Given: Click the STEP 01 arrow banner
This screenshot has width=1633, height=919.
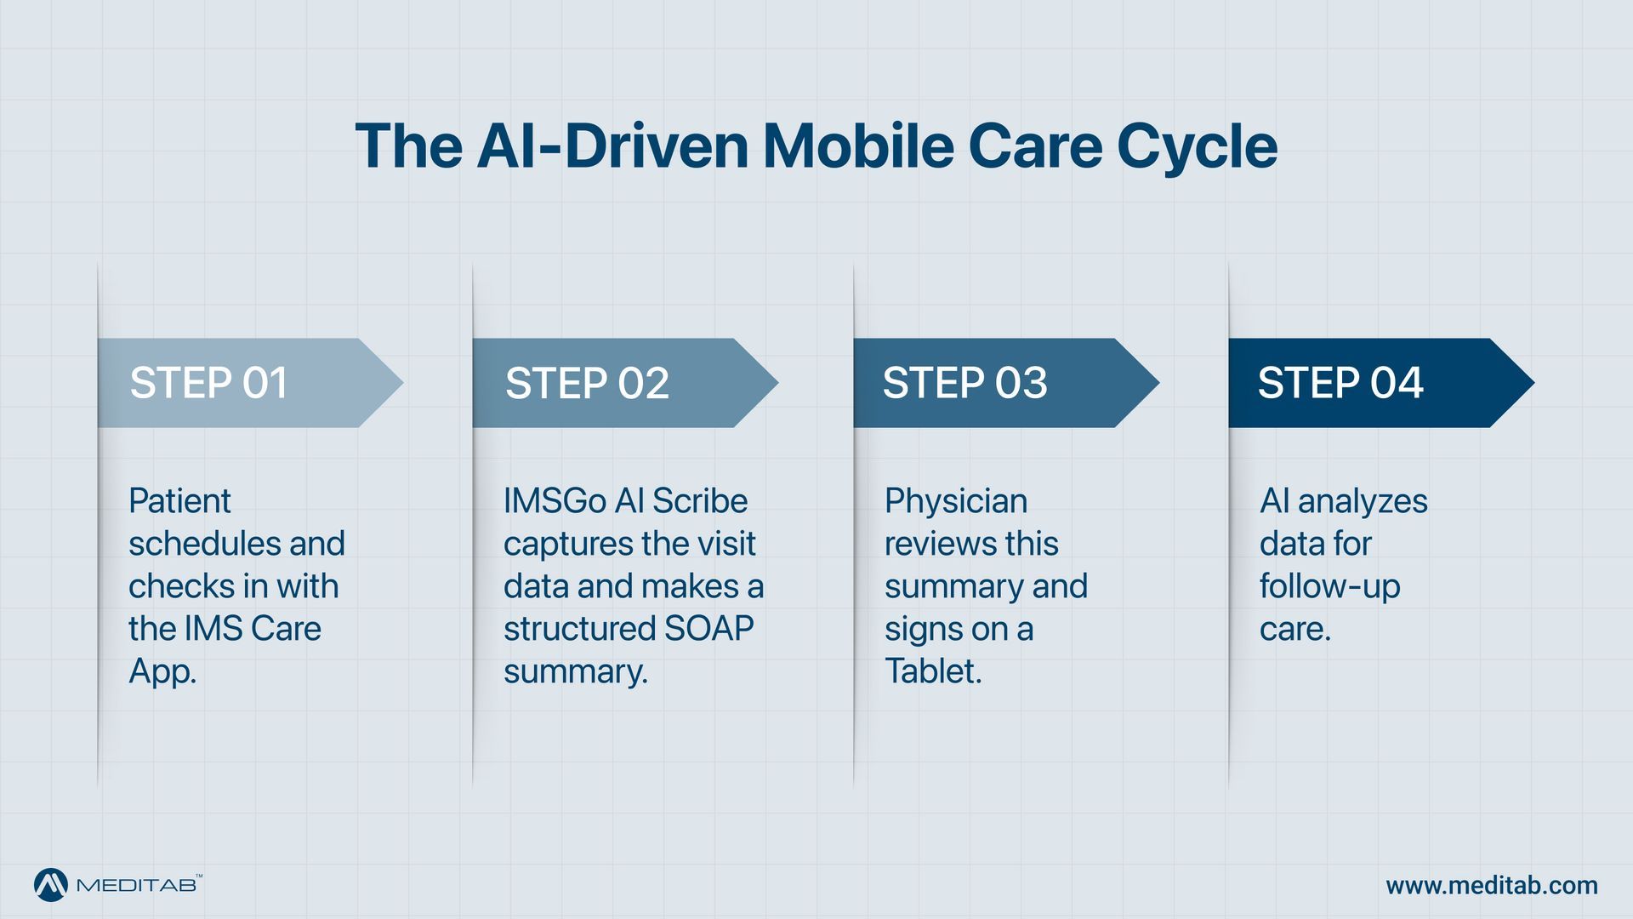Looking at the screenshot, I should tap(247, 383).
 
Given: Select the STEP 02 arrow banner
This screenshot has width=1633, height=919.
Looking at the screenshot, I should tap(621, 383).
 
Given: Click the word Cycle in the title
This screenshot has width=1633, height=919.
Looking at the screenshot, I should tap(1197, 146).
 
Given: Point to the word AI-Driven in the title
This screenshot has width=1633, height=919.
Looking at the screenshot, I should tap(612, 146).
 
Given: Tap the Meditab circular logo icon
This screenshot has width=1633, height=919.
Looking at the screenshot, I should tap(51, 885).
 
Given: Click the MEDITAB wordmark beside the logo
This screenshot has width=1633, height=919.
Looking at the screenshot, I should tap(138, 886).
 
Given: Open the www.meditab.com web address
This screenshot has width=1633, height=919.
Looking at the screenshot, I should tap(1492, 886).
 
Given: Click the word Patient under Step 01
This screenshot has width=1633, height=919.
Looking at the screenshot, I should tap(179, 501).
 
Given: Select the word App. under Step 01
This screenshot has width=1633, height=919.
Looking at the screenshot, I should tap(162, 672).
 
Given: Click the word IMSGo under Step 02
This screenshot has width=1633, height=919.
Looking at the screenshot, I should tap(555, 501).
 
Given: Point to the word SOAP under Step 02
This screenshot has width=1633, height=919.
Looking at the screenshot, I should tap(708, 629).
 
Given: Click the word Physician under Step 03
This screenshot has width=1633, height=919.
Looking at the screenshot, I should tap(956, 501).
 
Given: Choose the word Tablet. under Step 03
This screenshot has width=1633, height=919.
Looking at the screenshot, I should tap(933, 671).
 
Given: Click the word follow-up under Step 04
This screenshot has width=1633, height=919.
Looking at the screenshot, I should tap(1329, 587).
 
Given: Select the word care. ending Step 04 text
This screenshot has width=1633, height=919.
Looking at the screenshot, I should tap(1294, 630).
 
